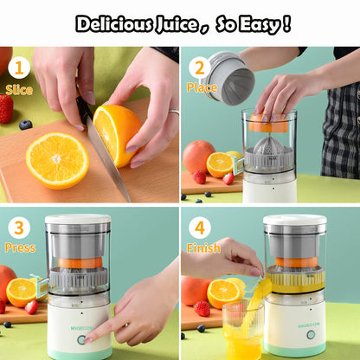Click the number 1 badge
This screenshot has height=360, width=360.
tap(18, 68)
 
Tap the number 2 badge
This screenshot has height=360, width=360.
tap(200, 68)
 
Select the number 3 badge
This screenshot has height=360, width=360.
tap(18, 228)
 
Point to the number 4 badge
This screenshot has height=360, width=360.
tap(200, 228)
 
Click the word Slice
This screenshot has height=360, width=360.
tap(19, 89)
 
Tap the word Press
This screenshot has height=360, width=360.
tap(20, 248)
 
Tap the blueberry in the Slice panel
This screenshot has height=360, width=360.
tap(25, 125)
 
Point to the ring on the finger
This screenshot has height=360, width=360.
tap(173, 112)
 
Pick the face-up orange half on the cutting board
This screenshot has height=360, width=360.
tap(57, 160)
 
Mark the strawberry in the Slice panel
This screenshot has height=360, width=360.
tap(6, 108)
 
